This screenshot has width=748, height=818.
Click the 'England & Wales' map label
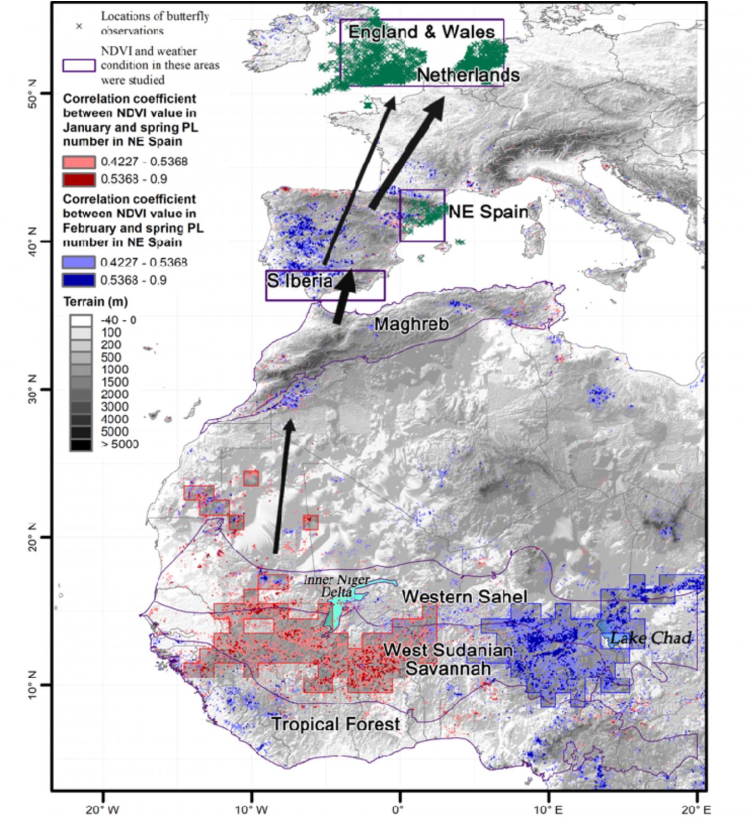421,32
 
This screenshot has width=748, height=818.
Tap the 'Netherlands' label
468,75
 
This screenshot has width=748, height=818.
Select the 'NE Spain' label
488,212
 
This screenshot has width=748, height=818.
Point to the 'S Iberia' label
300,281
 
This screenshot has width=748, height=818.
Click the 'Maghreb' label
411,325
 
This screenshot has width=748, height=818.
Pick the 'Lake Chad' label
650,638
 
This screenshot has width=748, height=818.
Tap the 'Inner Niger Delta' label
337,585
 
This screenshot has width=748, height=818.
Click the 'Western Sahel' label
464,597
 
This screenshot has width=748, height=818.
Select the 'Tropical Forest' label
336,724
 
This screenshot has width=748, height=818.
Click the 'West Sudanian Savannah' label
448,659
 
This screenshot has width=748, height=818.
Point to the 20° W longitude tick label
102,809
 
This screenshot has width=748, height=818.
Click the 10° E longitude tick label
548,809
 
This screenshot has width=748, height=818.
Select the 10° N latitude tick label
31,684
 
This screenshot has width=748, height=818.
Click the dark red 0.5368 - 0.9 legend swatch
79,179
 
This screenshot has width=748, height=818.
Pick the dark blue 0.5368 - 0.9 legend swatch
79,280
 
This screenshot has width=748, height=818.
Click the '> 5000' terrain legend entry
119,444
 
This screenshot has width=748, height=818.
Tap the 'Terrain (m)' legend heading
95,301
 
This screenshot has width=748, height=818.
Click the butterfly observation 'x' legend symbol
79,26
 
